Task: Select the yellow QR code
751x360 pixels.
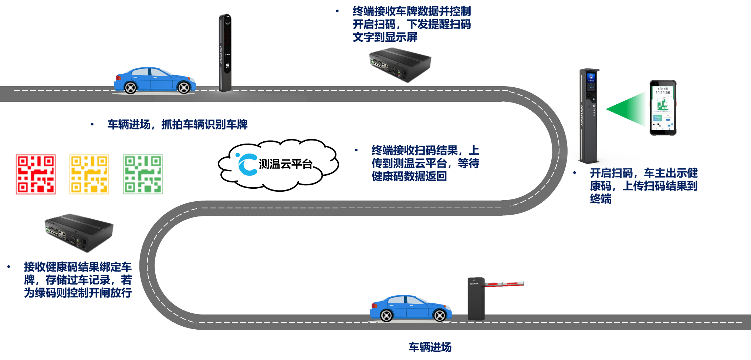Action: (89, 174)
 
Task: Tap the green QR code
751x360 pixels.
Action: (143, 174)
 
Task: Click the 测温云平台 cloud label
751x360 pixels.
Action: (285, 164)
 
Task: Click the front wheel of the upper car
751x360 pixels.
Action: (184, 87)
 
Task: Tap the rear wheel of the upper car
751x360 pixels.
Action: (131, 87)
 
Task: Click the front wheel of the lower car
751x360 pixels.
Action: (439, 315)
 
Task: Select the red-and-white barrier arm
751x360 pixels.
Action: (504, 284)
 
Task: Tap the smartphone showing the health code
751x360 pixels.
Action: (663, 108)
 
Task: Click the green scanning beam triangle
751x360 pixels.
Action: (629, 109)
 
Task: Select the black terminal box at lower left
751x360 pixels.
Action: (78, 232)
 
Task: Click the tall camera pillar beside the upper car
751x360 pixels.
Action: (225, 52)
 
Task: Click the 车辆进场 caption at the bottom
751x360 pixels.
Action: (430, 347)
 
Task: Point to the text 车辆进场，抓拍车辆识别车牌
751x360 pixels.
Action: (177, 124)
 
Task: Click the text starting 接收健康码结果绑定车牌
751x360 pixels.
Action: (78, 280)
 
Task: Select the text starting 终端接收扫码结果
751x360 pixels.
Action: (425, 163)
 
